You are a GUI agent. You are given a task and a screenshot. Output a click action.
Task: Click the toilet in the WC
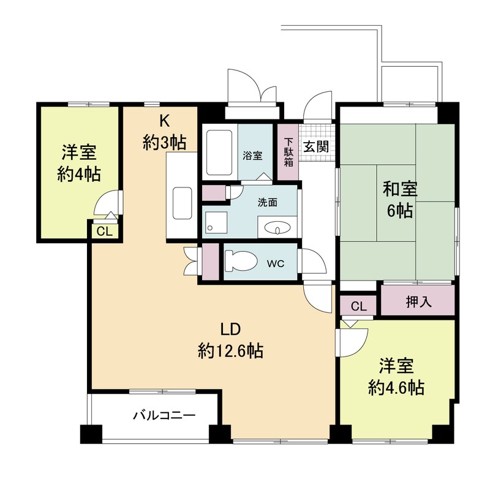coord(240,261)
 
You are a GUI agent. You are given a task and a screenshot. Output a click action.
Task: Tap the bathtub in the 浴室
coord(219,153)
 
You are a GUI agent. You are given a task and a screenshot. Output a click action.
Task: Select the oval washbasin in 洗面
coord(277,227)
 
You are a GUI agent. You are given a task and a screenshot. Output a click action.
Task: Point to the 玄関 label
coord(316,146)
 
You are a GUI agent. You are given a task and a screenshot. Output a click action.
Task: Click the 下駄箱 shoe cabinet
coord(288,152)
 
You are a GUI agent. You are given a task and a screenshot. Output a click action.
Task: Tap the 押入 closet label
coord(419,301)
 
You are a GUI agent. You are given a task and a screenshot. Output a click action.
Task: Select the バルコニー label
coord(164,415)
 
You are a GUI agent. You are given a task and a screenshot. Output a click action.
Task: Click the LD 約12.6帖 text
coord(231,340)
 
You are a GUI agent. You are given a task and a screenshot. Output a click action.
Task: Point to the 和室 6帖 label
coord(401,200)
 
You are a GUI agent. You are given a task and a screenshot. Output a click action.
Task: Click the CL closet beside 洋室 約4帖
coord(104,232)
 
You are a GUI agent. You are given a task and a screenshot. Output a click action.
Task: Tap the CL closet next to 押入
coord(358,306)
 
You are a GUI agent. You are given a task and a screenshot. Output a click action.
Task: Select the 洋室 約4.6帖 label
coord(396,377)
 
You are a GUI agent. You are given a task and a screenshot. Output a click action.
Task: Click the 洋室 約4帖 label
coord(79,163)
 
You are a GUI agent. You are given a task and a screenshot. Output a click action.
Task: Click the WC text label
coord(276,263)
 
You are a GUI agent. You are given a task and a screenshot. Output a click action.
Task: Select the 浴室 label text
coord(252,156)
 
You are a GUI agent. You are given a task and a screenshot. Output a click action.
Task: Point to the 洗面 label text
coord(268,203)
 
